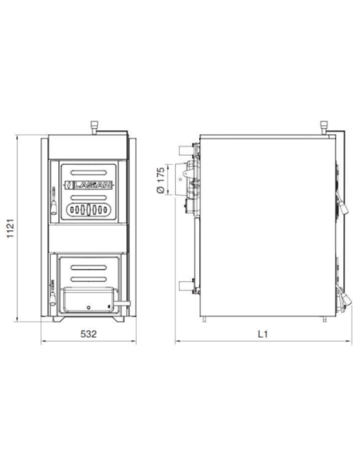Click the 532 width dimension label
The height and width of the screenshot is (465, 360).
(88, 334)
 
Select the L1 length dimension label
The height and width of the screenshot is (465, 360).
(262, 334)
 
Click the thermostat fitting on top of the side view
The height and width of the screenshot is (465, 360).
(323, 127)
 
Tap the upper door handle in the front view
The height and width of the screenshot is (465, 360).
(53, 200)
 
